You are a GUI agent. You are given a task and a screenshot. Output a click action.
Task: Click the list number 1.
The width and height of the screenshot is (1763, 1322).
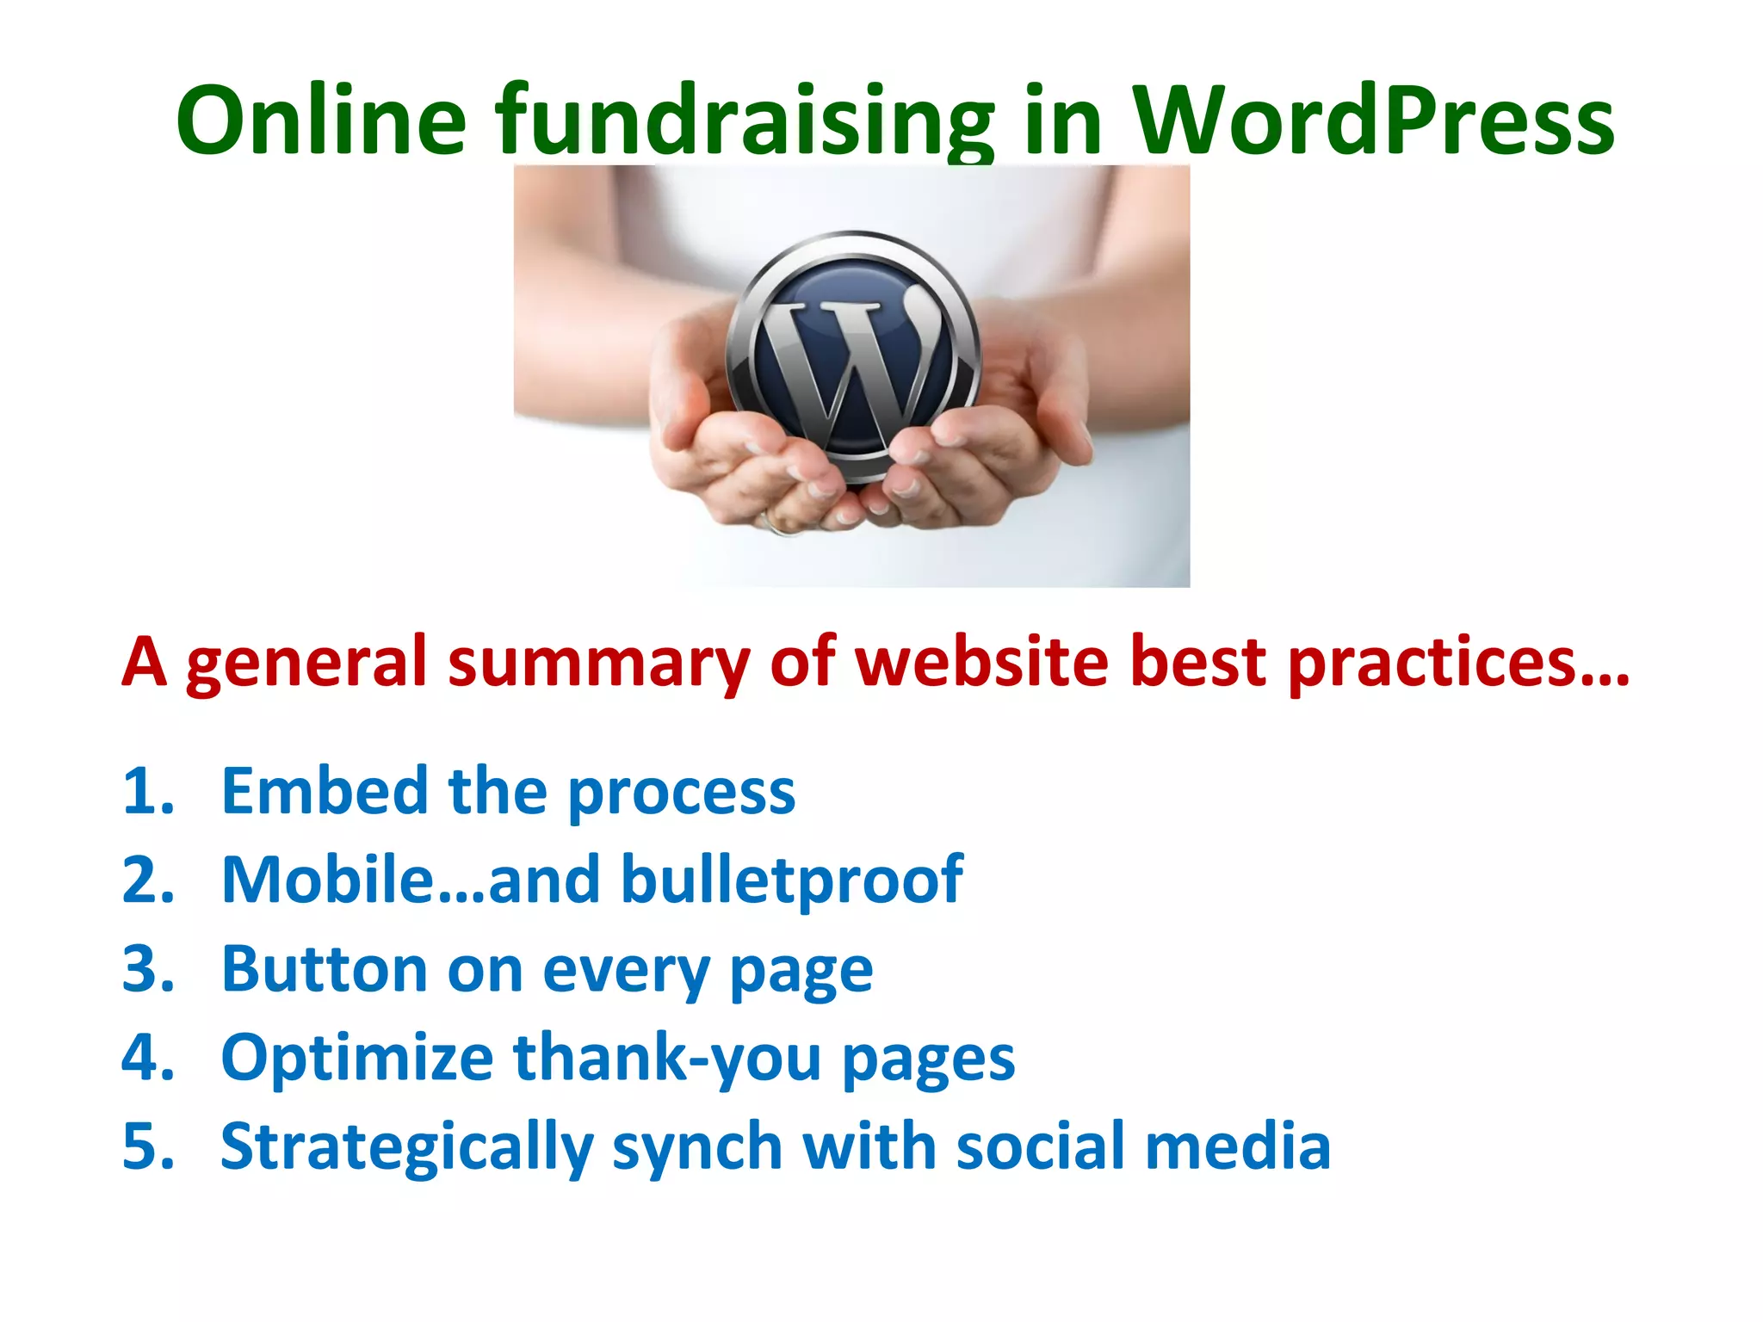click(x=148, y=791)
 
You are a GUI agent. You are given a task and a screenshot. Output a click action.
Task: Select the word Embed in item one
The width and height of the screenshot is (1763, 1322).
click(x=325, y=791)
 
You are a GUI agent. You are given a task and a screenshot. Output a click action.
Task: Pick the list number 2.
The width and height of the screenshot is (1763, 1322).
click(x=148, y=880)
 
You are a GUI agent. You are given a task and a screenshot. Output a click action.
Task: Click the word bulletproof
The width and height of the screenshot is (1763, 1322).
click(x=792, y=881)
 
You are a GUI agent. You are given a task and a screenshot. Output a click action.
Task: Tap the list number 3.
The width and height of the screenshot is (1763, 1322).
click(x=148, y=969)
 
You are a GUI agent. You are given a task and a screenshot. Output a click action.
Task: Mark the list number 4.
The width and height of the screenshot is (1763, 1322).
click(x=148, y=1058)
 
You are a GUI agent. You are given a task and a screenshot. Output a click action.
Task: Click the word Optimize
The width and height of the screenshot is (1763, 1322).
click(x=356, y=1059)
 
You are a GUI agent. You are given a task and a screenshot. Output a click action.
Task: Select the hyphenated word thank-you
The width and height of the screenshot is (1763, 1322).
click(x=667, y=1059)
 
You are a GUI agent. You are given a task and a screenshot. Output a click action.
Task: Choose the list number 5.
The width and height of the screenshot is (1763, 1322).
click(x=148, y=1147)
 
